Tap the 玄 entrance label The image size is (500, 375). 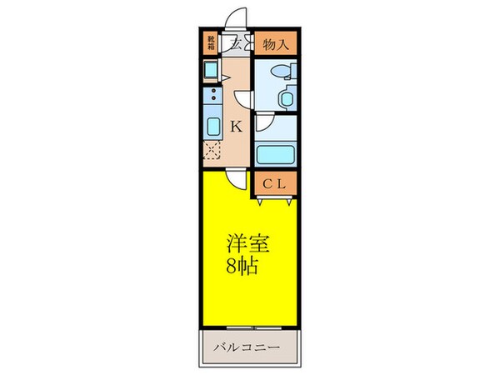(236, 45)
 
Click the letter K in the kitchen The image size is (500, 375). (236, 127)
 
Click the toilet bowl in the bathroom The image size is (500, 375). (281, 72)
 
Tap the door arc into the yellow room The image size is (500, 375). (238, 180)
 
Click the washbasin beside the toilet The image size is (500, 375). (287, 98)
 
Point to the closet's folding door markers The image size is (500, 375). (274, 200)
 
